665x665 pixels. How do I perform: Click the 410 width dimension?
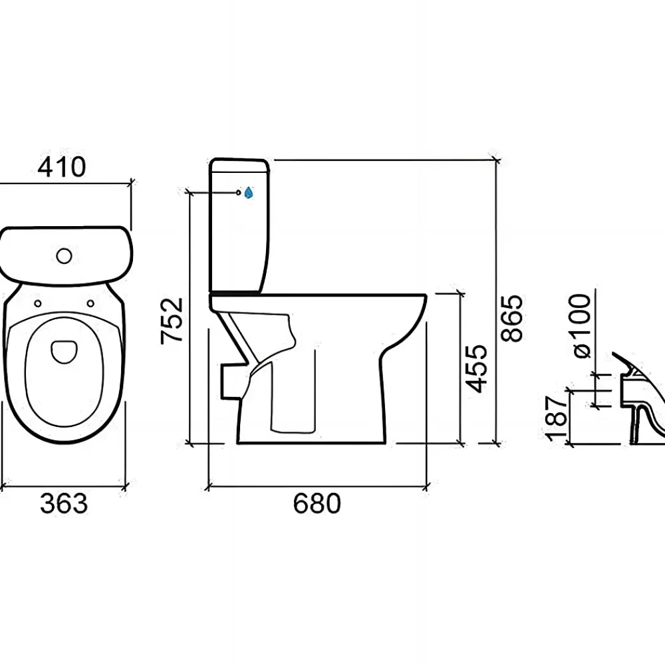pos(62,167)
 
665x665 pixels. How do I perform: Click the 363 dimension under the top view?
pos(64,503)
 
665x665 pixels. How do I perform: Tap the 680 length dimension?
pos(317,503)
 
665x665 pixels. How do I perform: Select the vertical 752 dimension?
pos(172,321)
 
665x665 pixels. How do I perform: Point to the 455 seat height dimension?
pos(476,368)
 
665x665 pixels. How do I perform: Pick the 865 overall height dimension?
pos(511,318)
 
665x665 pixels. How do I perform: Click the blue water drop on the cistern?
pos(249,193)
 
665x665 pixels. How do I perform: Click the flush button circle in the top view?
pos(64,255)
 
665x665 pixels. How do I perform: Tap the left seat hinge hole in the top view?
pos(38,303)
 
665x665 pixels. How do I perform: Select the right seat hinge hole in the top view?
pos(90,303)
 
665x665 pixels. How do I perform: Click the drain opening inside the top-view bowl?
pos(64,352)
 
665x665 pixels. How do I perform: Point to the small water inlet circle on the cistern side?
pos(238,193)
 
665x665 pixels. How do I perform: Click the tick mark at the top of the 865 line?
pos(496,160)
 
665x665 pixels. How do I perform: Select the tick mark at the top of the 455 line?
pos(460,293)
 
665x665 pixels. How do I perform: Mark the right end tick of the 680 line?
pos(426,486)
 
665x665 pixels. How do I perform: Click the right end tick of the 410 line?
pos(131,184)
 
